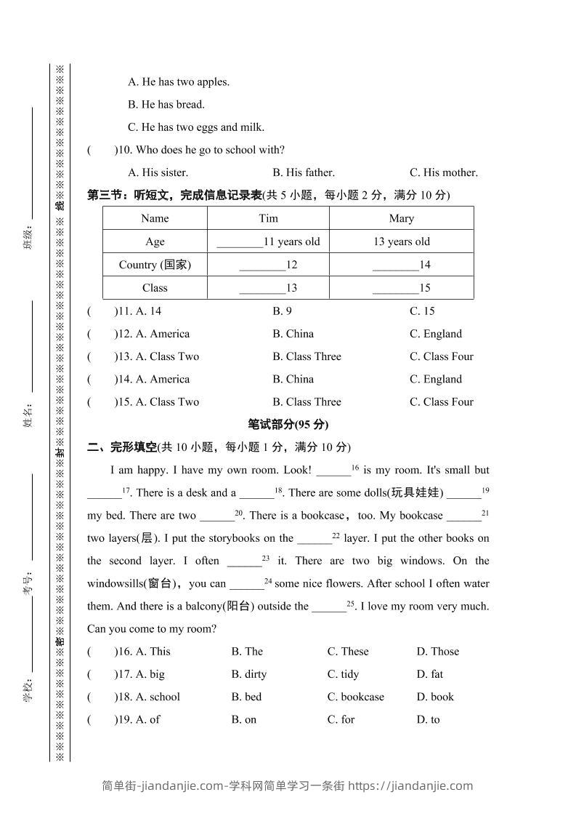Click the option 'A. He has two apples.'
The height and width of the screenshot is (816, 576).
pos(179,82)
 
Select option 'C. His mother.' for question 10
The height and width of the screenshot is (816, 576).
pos(443,173)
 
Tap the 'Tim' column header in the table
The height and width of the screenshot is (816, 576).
pos(268,218)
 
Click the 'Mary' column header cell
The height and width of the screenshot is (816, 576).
pos(401,218)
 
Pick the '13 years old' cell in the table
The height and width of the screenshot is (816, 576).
pos(401,241)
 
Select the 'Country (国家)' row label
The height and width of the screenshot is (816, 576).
pos(155,265)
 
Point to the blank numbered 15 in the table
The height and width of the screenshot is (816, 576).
pos(401,288)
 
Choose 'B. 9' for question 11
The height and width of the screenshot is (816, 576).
pos(282,311)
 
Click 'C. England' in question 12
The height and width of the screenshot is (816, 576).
pos(435,334)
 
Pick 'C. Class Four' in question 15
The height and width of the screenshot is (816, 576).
pos(441,401)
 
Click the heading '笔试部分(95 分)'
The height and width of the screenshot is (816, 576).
pos(288,425)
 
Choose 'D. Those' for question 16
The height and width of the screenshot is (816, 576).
pos(437,652)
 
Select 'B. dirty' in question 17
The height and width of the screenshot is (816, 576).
pos(248,674)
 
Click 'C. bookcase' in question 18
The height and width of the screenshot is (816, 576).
pos(355,697)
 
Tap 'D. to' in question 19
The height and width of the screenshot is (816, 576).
pos(428,719)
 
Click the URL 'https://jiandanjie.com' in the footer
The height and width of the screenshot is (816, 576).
pos(410,785)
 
